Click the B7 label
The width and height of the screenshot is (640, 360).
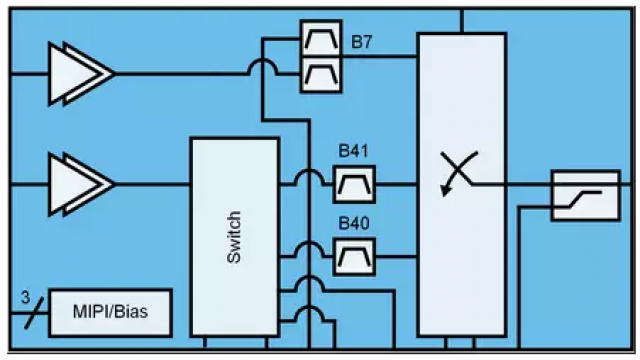tap(362, 42)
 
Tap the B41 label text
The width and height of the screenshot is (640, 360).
tap(353, 151)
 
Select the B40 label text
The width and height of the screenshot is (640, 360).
tap(354, 223)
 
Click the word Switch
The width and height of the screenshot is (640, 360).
tap(234, 237)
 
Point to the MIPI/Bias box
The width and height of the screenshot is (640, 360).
tap(110, 313)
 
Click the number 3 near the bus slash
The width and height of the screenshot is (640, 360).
tap(25, 298)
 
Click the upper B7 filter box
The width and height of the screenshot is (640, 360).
tap(321, 38)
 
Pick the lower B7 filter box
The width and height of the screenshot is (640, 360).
tap(321, 75)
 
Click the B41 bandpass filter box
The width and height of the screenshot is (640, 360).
tap(354, 184)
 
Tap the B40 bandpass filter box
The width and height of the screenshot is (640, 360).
tap(354, 257)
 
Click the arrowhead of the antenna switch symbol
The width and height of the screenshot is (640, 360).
tap(445, 191)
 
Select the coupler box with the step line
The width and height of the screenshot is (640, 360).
tap(586, 196)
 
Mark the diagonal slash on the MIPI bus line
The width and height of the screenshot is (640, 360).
tap(33, 313)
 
